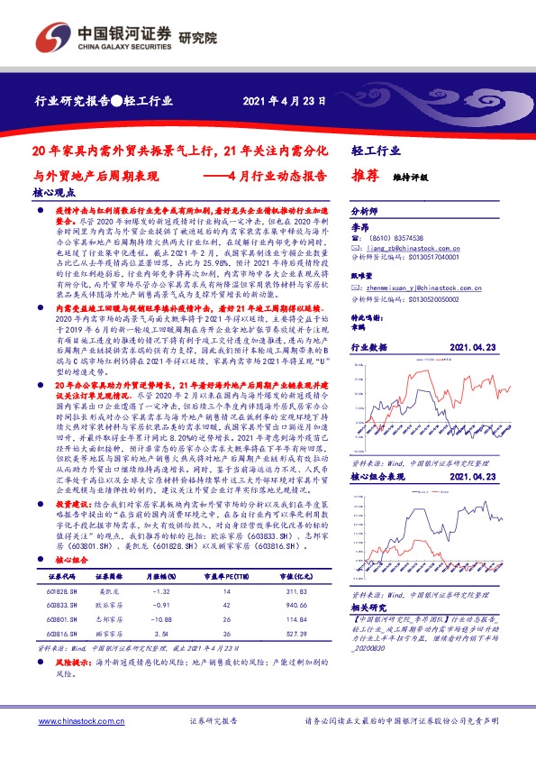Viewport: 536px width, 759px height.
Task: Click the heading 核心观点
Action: (x=55, y=192)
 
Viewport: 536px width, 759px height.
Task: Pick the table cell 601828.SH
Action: (x=60, y=590)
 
